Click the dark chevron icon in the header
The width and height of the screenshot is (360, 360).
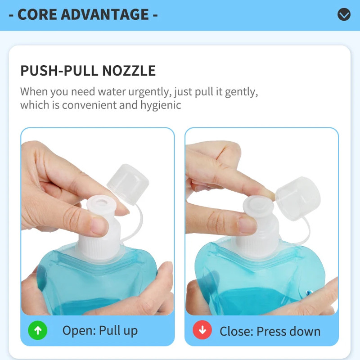click(344, 14)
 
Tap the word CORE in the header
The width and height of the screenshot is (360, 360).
click(37, 14)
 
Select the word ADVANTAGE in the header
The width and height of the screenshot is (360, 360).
click(105, 14)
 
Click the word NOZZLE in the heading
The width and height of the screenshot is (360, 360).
click(129, 71)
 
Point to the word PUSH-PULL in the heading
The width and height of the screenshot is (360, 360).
click(60, 71)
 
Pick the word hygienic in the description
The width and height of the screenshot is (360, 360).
click(161, 105)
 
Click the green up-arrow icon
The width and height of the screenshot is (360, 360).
click(38, 330)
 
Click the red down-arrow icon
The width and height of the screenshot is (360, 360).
click(202, 330)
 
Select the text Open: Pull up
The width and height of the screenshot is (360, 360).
click(100, 331)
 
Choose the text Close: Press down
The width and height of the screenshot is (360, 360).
click(270, 331)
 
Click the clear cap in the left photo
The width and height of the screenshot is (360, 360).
click(128, 184)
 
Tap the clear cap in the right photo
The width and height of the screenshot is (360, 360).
click(297, 198)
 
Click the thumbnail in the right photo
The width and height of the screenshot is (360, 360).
click(247, 225)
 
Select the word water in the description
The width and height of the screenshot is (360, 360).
click(112, 92)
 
